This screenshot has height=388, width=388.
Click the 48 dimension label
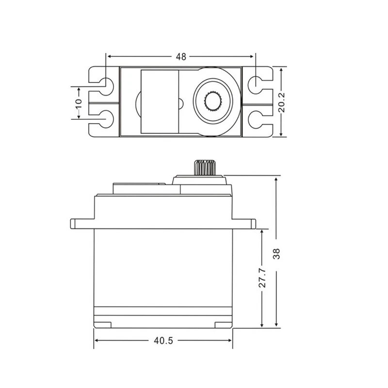coord(181,57)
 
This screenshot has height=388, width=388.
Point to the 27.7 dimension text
coord(262,278)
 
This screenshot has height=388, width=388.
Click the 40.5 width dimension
coord(163,340)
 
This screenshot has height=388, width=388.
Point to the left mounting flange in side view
coord(82,223)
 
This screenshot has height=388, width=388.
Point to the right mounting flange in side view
coord(244,223)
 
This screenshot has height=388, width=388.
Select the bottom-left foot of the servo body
coord(103,324)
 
